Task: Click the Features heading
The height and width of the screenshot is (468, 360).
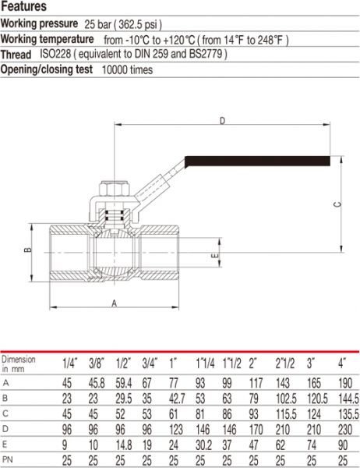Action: [23, 6]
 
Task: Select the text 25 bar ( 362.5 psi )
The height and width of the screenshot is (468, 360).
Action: [123, 25]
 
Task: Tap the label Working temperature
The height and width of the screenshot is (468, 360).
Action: [47, 39]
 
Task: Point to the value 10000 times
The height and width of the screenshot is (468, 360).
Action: [127, 70]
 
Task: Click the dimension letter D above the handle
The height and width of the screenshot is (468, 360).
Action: [223, 121]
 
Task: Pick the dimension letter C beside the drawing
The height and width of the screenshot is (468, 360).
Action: [337, 204]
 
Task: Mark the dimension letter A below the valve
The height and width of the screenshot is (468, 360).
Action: [115, 303]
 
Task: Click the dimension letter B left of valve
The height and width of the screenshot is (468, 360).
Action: [27, 250]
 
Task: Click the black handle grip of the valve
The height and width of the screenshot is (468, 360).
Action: [257, 161]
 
